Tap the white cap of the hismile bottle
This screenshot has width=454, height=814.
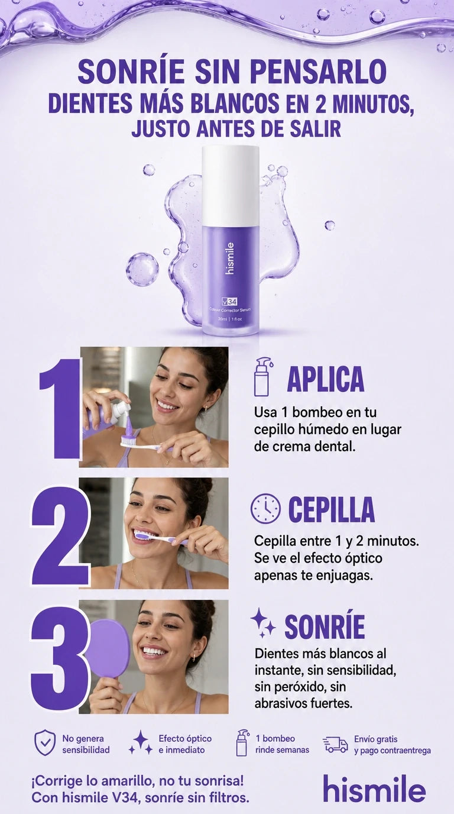point(231,185)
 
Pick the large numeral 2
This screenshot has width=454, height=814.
point(60,537)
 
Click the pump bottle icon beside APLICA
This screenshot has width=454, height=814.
point(263,377)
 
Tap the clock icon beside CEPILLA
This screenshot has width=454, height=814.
point(265,508)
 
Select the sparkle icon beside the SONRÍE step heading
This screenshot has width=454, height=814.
point(263,623)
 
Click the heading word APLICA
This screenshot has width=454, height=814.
point(326,379)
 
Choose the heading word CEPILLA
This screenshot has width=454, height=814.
point(331,509)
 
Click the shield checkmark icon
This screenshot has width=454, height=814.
point(45,743)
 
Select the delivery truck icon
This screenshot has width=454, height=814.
point(335,745)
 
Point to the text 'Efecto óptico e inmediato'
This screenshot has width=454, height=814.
point(185,744)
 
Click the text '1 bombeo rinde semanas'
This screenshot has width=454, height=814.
point(282,744)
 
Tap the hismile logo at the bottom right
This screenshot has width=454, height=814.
point(374,789)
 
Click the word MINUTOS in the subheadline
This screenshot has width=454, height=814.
point(374,104)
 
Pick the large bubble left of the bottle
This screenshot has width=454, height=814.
point(142,269)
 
